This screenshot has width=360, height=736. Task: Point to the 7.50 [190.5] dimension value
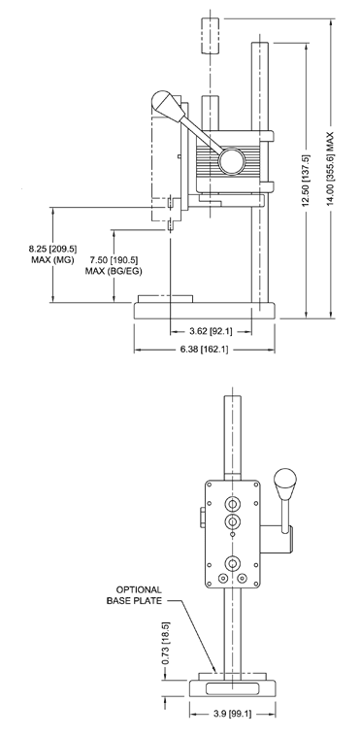[109, 260]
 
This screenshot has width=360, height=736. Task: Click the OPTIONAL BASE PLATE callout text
[139, 595]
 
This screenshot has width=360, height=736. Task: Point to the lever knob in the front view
[285, 480]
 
